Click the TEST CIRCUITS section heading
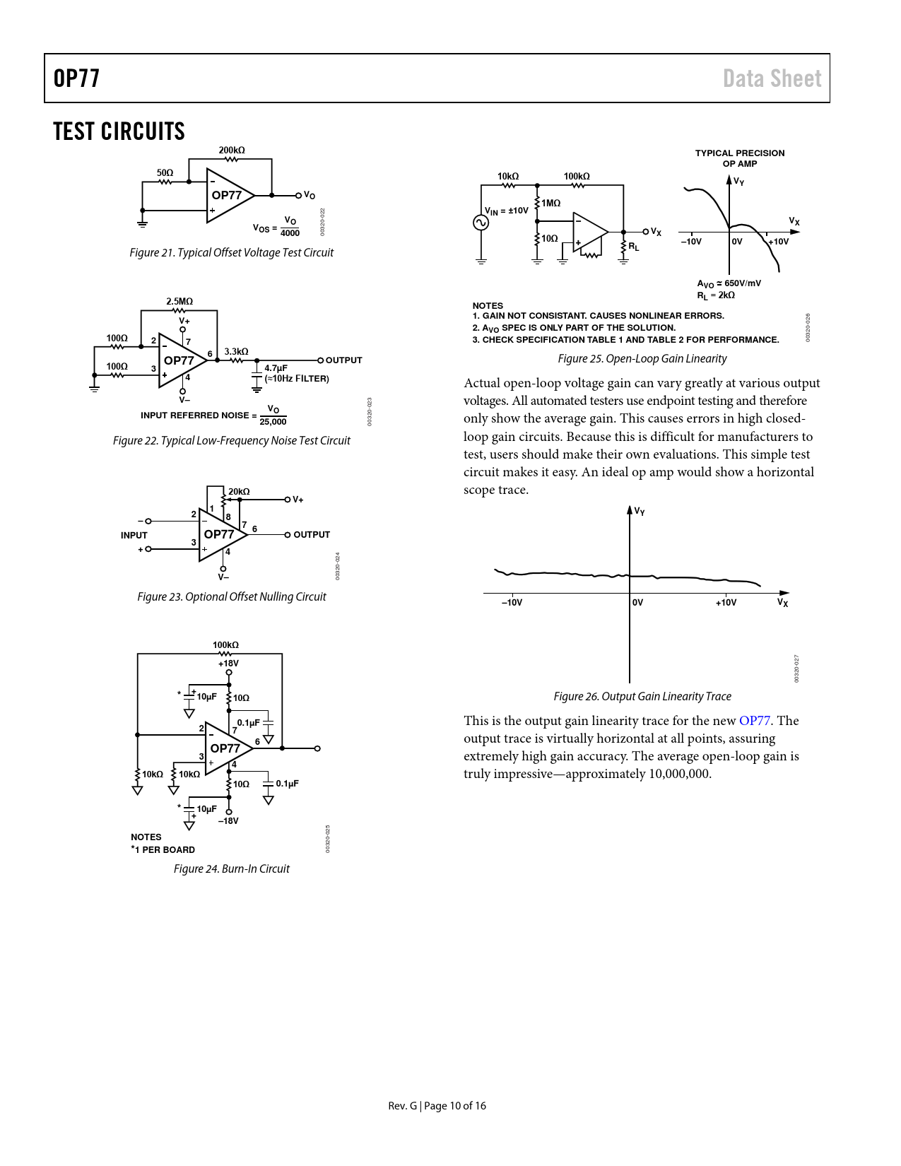tap(119, 131)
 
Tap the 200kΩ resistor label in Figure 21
tap(231, 151)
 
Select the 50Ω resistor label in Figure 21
tap(165, 173)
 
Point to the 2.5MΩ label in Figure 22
tap(179, 302)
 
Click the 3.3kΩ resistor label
tap(236, 351)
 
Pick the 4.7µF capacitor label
tap(276, 368)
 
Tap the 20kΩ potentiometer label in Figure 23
tap(239, 492)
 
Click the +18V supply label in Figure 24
tap(228, 664)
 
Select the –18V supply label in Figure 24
tap(228, 821)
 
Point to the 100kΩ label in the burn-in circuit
tap(225, 645)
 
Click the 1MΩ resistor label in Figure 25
tap(550, 204)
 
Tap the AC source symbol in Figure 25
tap(481, 223)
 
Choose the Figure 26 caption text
tap(642, 697)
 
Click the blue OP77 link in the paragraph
tap(754, 721)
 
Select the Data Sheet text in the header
tap(772, 78)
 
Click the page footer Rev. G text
tap(403, 1106)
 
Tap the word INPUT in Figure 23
tap(134, 536)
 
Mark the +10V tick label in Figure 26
tap(726, 603)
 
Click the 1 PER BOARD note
tap(164, 850)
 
